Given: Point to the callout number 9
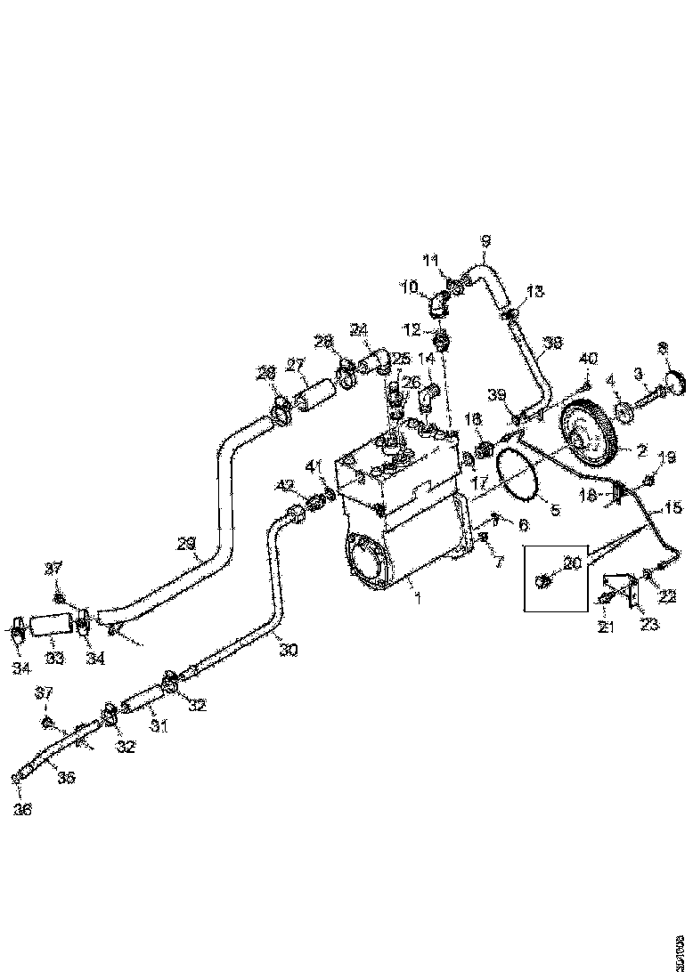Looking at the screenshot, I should tap(485, 240).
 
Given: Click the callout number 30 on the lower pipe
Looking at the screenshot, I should tap(288, 651).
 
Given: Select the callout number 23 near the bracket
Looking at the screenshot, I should tap(650, 626).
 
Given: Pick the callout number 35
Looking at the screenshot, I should tap(67, 777).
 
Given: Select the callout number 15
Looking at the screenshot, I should tap(673, 509).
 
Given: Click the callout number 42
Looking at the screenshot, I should tap(283, 485).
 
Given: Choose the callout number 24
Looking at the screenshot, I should tap(358, 330).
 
